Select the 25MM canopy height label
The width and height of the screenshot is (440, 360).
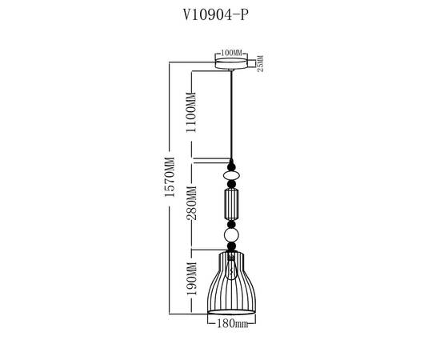pyautogui.click(x=260, y=64)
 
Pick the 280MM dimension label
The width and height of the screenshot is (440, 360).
pyautogui.click(x=191, y=205)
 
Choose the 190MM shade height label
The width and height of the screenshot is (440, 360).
pyautogui.click(x=191, y=281)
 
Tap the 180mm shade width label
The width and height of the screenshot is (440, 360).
pyautogui.click(x=232, y=326)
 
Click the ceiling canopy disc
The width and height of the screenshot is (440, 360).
pyautogui.click(x=232, y=64)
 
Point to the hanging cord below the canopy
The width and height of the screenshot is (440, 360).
pyautogui.click(x=232, y=112)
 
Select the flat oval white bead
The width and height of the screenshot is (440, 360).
pyautogui.click(x=232, y=174)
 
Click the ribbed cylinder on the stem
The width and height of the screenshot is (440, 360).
pyautogui.click(x=232, y=204)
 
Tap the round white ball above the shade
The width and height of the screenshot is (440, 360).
pyautogui.click(x=232, y=236)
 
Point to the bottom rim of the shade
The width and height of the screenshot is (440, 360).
pyautogui.click(x=232, y=314)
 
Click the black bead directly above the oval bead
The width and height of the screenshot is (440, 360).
pyautogui.click(x=232, y=164)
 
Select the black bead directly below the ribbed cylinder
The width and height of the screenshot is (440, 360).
pyautogui.click(x=232, y=223)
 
